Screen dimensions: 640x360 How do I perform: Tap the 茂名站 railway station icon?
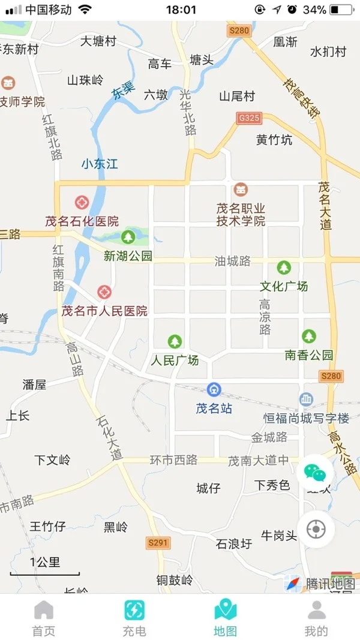pos(214,390)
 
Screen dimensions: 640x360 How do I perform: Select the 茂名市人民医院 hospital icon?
pos(104,292)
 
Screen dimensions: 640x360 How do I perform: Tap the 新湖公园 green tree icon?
pos(128,237)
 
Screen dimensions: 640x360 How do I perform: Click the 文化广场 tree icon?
pos(284,268)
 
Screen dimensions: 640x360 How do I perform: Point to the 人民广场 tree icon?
pos(175,342)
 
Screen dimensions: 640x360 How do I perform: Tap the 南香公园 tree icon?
pos(308,336)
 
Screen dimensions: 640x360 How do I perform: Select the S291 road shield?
pos(158,543)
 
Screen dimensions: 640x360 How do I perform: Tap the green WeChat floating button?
pos(315,473)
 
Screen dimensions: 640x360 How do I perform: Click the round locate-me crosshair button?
pos(315,530)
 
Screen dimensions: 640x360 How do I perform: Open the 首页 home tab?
pos(44,617)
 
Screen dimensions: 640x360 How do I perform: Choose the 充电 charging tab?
pos(134,617)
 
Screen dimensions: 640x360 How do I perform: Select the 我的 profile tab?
pos(316,617)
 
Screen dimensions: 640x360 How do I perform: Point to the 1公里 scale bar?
pos(45,567)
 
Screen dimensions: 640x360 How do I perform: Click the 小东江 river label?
pos(100,163)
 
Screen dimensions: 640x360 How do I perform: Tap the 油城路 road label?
pos(233,261)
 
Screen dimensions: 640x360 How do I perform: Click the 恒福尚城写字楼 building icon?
pos(307,399)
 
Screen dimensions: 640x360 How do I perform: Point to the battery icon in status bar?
pos(342,10)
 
